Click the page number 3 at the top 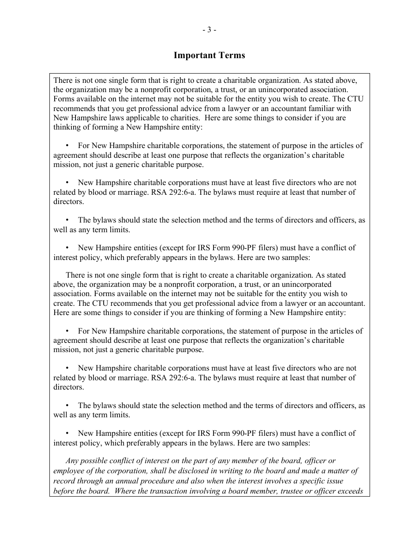[x=209, y=30]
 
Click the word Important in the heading [x=193, y=56]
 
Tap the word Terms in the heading [x=229, y=56]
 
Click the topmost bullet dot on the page [x=67, y=145]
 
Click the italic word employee [x=69, y=471]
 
